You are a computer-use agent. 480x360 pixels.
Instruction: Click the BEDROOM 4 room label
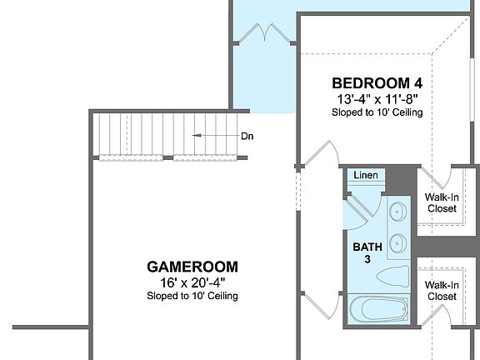click(377, 83)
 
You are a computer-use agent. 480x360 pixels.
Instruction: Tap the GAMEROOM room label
click(192, 267)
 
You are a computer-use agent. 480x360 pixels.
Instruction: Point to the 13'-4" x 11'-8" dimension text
click(377, 98)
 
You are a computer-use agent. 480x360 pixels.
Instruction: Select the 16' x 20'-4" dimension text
click(192, 282)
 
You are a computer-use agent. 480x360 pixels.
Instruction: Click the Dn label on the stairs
click(247, 136)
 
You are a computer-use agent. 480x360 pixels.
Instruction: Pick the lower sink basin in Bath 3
click(397, 243)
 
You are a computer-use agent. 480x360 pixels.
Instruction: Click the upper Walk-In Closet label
click(441, 202)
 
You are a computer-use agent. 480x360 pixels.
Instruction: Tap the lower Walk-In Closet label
click(441, 290)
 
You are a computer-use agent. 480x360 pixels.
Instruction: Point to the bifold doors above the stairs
click(265, 35)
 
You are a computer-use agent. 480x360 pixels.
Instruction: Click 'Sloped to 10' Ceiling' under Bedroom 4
click(377, 112)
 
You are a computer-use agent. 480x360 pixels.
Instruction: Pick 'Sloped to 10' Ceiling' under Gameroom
click(192, 296)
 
